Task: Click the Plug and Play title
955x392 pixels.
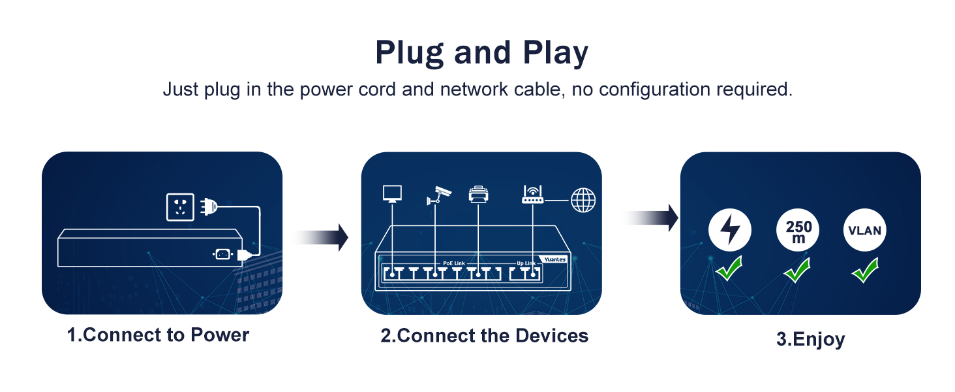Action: [x=481, y=54]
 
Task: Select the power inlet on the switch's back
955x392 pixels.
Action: [x=222, y=254]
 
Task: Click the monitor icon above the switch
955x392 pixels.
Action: [x=391, y=193]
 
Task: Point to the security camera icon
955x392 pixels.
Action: [x=438, y=195]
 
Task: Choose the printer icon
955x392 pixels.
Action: [x=478, y=194]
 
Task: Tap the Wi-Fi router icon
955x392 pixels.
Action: [x=532, y=195]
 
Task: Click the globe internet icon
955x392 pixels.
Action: [x=583, y=200]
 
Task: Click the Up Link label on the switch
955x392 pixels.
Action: [x=526, y=263]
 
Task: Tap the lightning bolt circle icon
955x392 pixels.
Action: [x=730, y=230]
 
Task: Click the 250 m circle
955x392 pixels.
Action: [x=798, y=231]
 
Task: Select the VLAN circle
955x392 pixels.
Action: [x=865, y=231]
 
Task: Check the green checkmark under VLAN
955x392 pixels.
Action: [x=865, y=270]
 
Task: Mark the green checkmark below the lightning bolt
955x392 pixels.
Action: [x=729, y=269]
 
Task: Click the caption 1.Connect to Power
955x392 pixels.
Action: [x=159, y=335]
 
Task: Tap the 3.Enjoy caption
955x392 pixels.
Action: [x=810, y=340]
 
